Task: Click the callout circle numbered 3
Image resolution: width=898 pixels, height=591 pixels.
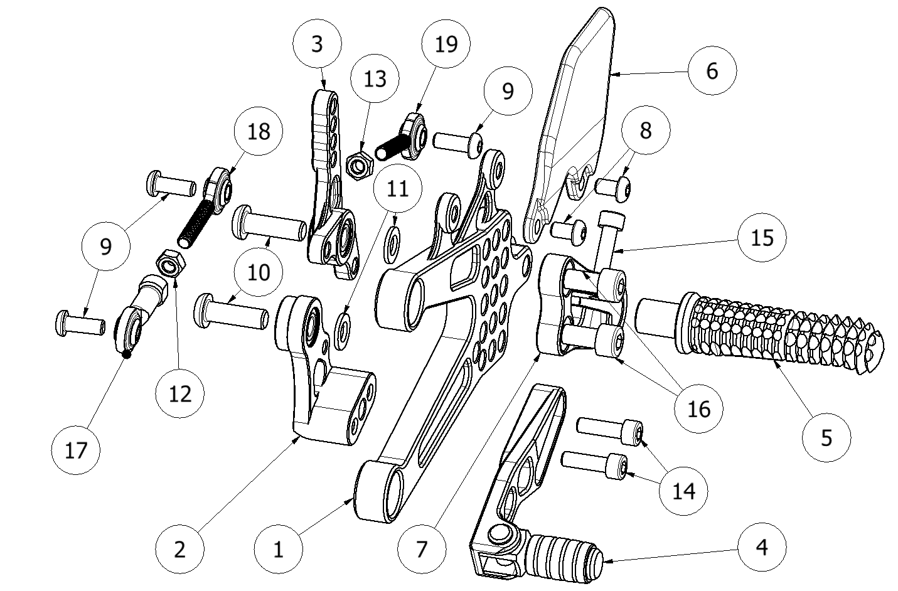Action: click(x=317, y=45)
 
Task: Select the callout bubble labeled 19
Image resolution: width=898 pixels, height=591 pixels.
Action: click(x=446, y=45)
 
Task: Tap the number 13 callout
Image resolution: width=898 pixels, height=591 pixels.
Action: click(x=375, y=79)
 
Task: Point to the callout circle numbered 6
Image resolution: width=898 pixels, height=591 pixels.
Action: click(x=712, y=71)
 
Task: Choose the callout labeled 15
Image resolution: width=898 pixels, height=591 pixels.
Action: click(x=762, y=238)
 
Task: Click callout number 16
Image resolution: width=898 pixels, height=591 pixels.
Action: click(x=698, y=409)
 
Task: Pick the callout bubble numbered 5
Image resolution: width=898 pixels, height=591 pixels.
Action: click(x=826, y=437)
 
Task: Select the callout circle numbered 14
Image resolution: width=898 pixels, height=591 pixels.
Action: click(x=684, y=490)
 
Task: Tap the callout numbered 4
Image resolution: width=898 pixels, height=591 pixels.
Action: click(x=761, y=547)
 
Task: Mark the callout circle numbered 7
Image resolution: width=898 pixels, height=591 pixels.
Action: click(x=422, y=550)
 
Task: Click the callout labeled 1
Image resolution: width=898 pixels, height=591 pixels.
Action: click(x=279, y=550)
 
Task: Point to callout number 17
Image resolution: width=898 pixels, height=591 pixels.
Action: click(x=76, y=450)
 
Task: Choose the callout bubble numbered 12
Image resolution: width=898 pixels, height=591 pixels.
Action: click(x=180, y=393)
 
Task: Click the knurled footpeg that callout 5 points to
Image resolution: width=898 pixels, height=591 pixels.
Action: click(x=784, y=332)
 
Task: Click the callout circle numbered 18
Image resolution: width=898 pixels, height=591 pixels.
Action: click(x=259, y=132)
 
